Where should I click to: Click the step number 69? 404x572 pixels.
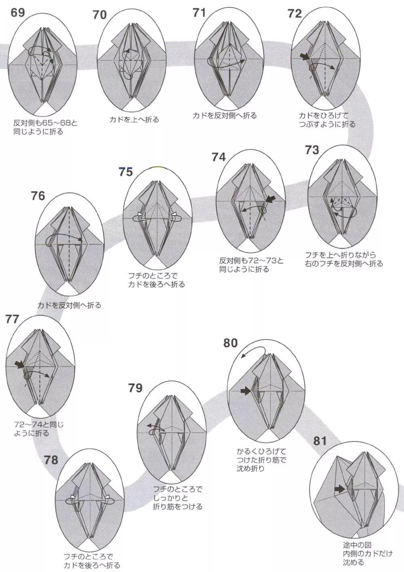pos(18,12)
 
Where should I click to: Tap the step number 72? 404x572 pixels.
pos(295,13)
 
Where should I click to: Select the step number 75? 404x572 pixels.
pos(126,172)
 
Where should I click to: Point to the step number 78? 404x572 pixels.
pos(51,460)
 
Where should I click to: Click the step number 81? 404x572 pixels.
pos(320,441)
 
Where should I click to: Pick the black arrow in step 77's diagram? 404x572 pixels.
pos(19,365)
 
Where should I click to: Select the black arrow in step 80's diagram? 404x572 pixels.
pos(244,391)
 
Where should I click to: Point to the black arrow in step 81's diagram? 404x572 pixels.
pos(339,490)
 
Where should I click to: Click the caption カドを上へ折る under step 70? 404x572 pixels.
pos(134,120)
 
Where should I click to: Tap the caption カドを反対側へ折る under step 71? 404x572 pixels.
pos(225,116)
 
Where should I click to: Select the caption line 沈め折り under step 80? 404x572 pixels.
pos(251,469)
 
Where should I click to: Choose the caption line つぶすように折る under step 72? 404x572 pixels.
pos(327,124)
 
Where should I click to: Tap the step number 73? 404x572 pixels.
pos(312,150)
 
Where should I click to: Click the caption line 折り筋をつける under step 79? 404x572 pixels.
pos(178,507)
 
